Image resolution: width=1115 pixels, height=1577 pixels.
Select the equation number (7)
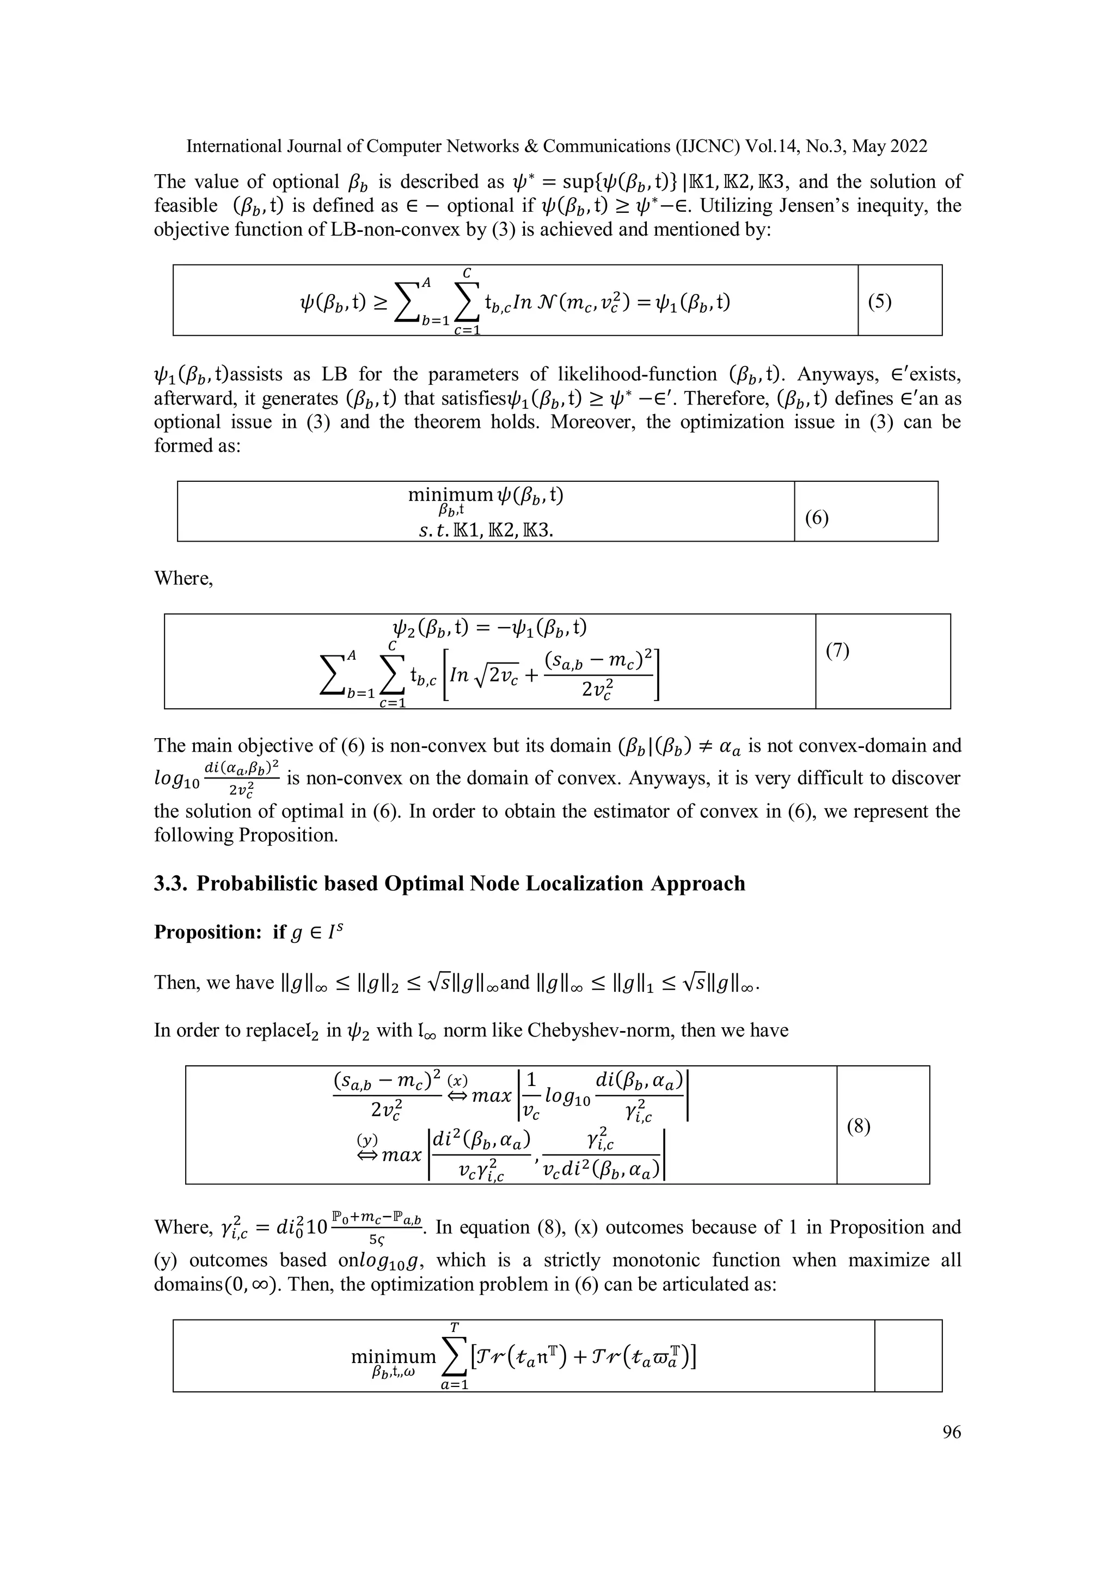pos(837,651)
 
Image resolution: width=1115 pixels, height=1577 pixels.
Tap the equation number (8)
pos(858,1126)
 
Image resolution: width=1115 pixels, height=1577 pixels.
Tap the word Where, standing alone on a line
pos(183,578)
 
